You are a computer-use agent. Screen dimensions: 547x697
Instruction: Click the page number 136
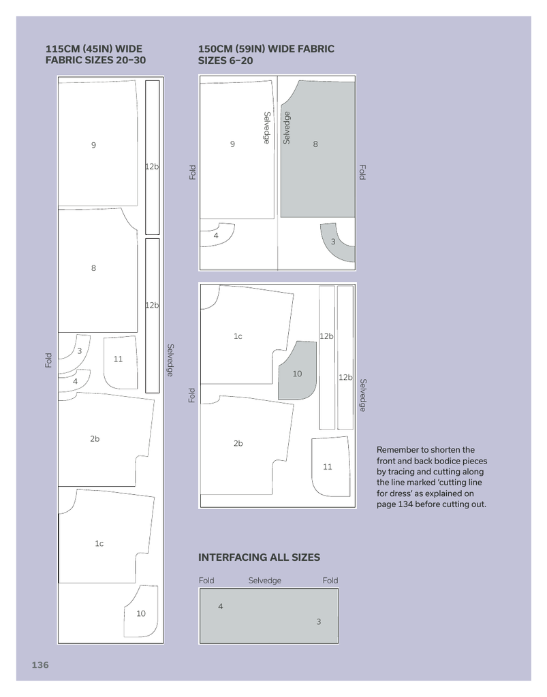40,665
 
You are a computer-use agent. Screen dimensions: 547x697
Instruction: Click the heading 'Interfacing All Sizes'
259,557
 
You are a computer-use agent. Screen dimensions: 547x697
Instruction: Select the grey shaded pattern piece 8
318,149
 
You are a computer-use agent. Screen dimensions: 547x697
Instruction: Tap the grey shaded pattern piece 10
298,371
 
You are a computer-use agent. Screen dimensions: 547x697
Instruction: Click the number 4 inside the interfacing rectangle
221,606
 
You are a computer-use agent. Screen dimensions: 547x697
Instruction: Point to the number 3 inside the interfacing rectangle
318,621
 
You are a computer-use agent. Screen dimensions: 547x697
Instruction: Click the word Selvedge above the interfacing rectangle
264,581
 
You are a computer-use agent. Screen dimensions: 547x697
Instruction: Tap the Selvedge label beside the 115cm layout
170,360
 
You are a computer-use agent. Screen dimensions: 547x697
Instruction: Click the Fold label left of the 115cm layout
48,360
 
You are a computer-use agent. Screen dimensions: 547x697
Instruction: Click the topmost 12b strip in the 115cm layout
152,157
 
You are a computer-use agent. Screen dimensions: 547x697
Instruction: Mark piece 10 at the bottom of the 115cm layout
142,612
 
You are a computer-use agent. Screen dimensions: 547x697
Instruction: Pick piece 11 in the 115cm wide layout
120,362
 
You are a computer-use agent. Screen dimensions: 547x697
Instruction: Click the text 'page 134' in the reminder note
393,504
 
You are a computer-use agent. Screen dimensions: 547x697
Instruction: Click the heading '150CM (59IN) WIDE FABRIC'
266,49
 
